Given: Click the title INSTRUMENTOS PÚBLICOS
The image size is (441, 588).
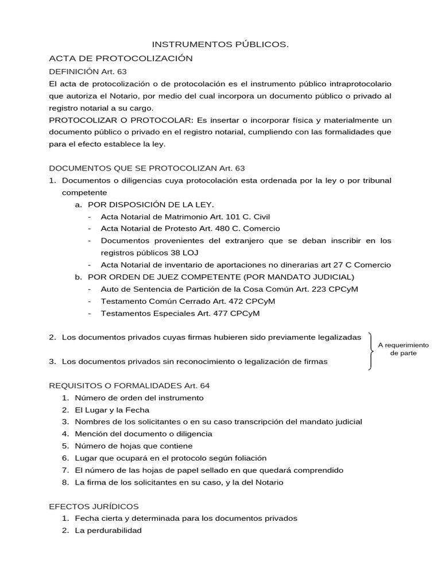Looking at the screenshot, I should pos(220,44).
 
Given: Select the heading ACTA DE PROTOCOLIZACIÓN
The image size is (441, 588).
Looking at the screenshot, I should pos(121,58).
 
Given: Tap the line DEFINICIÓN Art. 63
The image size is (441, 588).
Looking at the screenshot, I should pos(88,71).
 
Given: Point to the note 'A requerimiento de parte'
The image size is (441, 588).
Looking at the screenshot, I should pos(403,349).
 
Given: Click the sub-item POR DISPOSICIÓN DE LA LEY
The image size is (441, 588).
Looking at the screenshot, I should pos(151,204).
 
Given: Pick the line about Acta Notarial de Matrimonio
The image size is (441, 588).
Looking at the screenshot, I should pos(185,216).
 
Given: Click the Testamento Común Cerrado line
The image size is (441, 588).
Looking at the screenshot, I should pos(188,301).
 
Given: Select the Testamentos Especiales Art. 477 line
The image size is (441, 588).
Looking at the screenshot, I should pos(180,313).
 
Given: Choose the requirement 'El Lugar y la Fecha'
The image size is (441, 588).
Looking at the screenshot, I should pos(112,409).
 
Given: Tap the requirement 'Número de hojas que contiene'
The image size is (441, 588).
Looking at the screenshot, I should pos(134,446).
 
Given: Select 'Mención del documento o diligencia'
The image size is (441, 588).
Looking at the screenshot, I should pos(144,434).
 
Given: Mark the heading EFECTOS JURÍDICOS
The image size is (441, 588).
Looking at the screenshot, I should pos(94,506).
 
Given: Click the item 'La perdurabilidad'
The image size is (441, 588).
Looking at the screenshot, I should pos(108,530).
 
